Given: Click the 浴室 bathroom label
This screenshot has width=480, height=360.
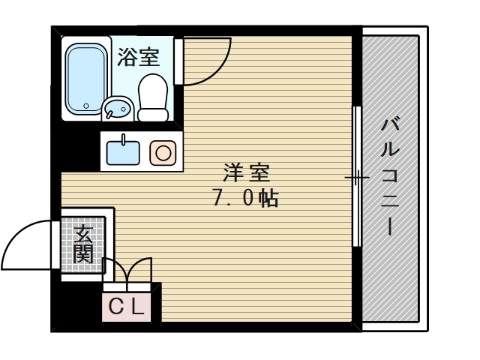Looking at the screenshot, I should point(139,58).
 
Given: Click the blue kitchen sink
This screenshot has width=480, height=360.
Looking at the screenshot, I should point(123,151).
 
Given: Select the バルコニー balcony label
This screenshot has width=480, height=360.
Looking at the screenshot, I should point(390,177).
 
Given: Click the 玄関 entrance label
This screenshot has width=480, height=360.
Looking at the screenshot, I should point(84,244).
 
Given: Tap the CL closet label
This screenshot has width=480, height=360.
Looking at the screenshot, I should point(127,306).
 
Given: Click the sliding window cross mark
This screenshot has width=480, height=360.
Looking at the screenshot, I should point(357,178).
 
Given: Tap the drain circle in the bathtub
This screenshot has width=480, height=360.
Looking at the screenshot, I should point(86,106).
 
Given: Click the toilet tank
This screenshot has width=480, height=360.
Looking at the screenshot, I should point(154,113).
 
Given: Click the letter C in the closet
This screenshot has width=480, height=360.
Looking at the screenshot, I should point(116,306).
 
